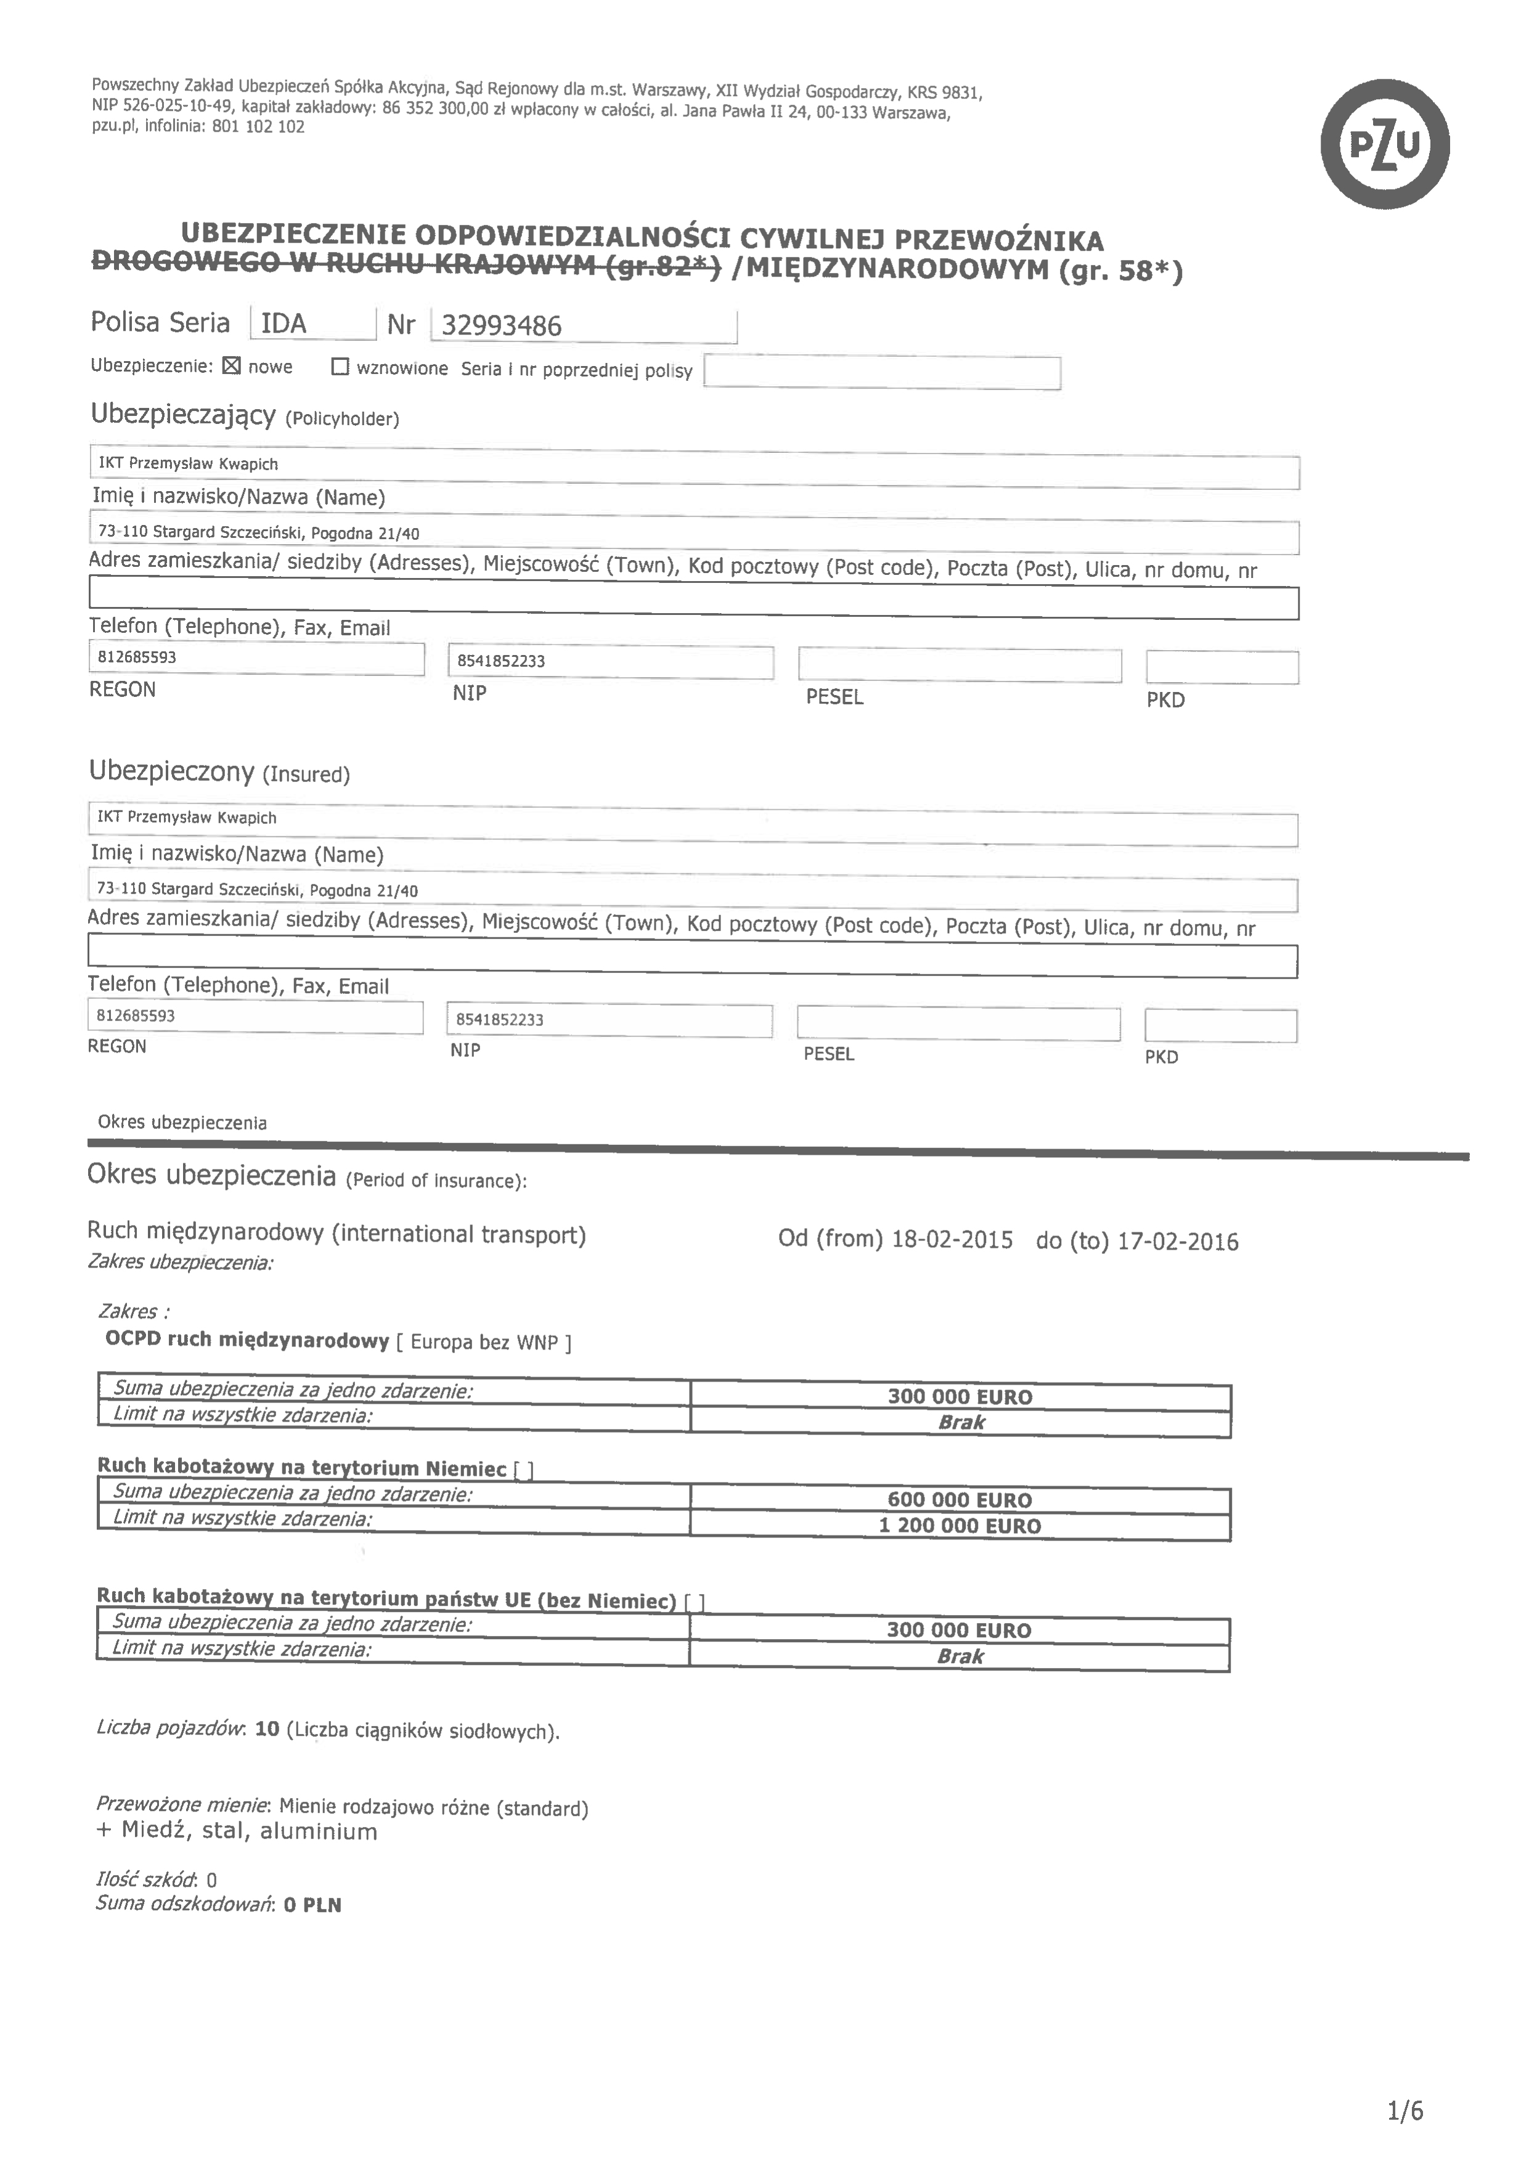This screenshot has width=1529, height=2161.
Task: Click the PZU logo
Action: point(1384,145)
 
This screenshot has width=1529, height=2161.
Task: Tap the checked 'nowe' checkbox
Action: point(232,366)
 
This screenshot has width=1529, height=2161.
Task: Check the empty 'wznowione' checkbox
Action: point(340,367)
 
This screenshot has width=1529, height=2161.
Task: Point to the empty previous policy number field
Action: point(881,373)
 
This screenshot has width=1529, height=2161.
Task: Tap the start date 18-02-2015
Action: point(952,1240)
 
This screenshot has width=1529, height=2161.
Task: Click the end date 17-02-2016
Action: point(1178,1242)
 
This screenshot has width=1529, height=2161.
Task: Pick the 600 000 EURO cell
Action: point(960,1499)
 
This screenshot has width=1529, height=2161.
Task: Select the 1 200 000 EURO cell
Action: point(960,1526)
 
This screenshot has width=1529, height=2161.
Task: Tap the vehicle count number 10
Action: point(267,1729)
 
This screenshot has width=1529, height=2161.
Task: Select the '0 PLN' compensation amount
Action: point(312,1905)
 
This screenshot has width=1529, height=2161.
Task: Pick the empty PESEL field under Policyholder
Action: point(960,665)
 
